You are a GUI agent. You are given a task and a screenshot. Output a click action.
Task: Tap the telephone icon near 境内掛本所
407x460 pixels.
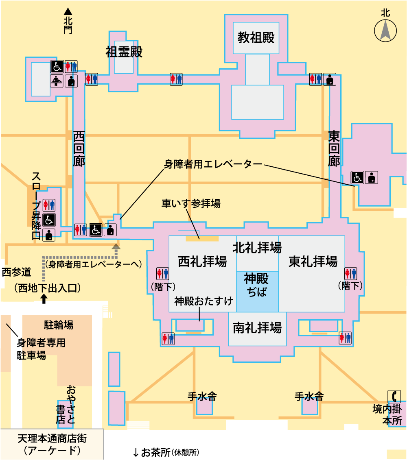coord(394,396)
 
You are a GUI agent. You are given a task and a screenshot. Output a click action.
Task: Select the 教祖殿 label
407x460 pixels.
coord(256,38)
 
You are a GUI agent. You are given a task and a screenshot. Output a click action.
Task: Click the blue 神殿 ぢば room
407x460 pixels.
coord(257,286)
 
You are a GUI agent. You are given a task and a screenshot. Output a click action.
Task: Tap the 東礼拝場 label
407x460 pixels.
coord(313,262)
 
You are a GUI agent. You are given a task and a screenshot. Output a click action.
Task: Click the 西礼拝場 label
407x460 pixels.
coord(202,262)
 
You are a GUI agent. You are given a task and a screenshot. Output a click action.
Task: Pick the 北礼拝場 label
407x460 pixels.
coord(257,247)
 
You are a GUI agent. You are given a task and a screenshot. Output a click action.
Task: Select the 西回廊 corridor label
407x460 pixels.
coord(79,148)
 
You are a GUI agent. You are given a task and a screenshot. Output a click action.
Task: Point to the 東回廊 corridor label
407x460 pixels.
coord(334,148)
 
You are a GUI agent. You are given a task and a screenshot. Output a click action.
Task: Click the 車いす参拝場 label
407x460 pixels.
coord(191,203)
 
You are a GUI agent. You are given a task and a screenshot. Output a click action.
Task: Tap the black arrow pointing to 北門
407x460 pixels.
coord(68,13)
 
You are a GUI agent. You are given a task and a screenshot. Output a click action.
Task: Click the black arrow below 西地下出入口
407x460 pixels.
coord(44,300)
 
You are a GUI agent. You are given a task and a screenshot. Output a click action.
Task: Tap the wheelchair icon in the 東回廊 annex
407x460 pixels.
coord(357,177)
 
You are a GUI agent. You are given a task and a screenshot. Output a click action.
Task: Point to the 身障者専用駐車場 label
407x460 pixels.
coord(41,349)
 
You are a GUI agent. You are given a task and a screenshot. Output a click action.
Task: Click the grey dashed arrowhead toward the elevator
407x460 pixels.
coord(116,246)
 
